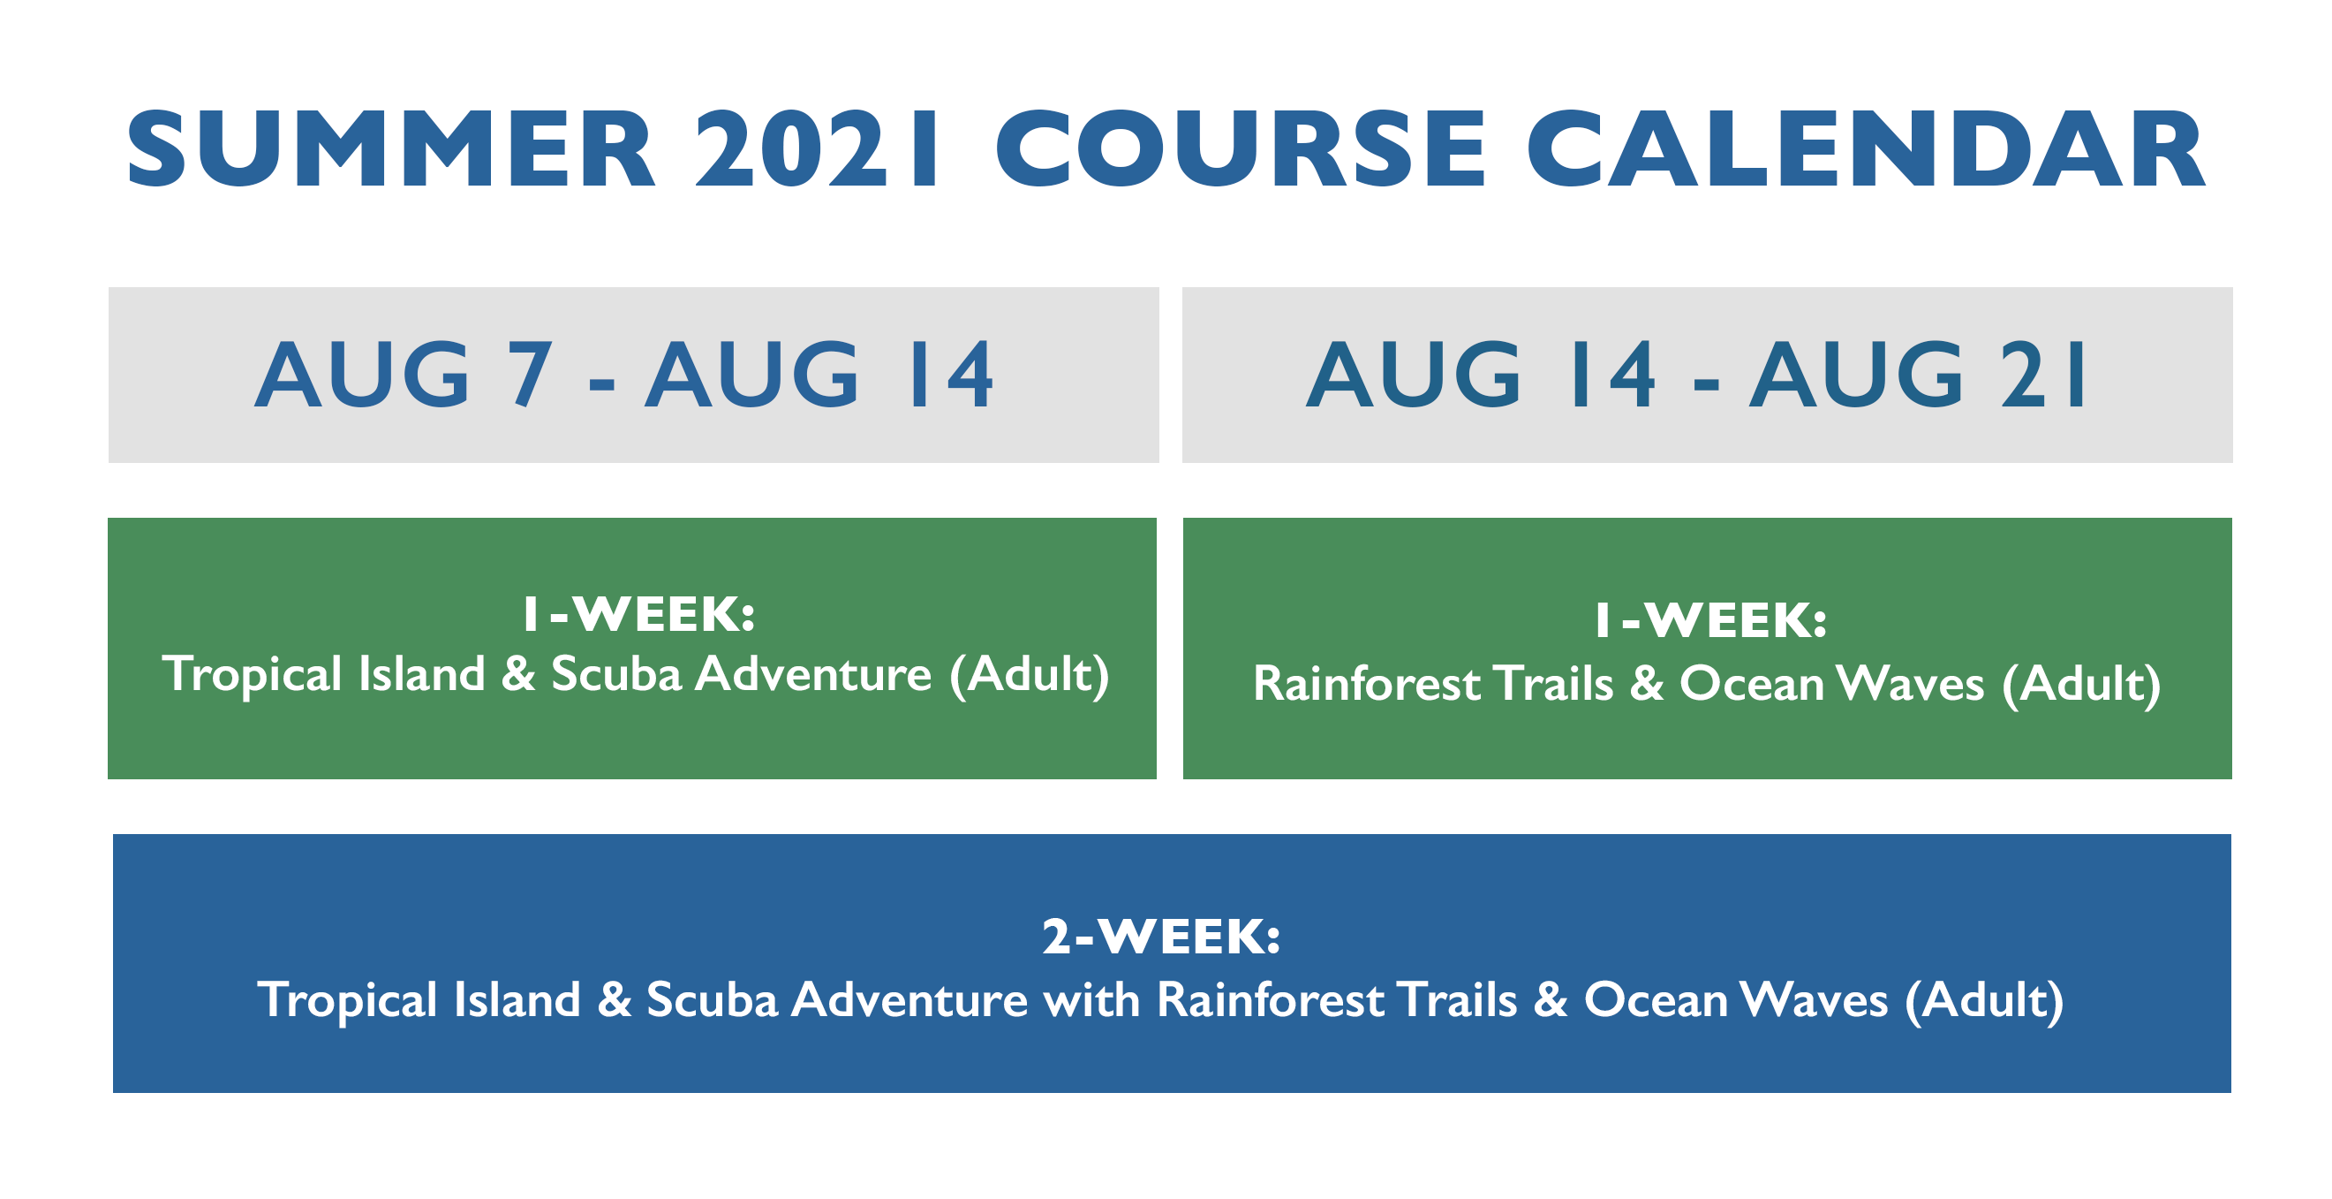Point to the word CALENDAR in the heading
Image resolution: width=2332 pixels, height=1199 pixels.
pos(1866,148)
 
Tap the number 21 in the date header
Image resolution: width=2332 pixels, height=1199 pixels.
pos(2043,373)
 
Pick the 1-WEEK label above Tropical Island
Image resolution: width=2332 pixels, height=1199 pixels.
pos(639,614)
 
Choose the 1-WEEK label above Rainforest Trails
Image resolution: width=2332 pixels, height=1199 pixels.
pos(1711,620)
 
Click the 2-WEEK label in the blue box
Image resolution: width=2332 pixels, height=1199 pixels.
pos(1161,937)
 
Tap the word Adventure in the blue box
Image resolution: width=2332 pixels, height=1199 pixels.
pos(909,1000)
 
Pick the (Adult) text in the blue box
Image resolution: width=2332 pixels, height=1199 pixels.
pos(1984,1002)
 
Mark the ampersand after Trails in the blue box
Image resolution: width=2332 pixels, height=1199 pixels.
pos(1551,1000)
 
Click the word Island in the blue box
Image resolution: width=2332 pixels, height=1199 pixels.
pos(517,1000)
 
